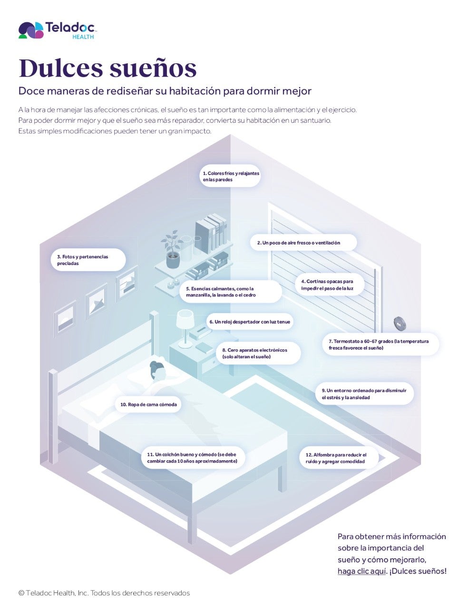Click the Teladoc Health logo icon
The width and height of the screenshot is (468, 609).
tap(30, 30)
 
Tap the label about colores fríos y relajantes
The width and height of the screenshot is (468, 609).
tap(231, 177)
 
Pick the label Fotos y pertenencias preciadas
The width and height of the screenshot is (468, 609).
tap(88, 260)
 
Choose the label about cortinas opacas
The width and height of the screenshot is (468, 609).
tap(328, 285)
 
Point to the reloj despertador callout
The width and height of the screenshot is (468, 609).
tap(250, 322)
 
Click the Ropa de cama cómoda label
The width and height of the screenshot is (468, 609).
tap(148, 404)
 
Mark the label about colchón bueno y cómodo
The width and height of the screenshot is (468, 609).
tap(193, 458)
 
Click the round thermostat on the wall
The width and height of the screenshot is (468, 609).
tap(400, 323)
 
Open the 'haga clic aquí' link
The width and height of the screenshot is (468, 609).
tap(361, 571)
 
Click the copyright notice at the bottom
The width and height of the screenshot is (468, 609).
tap(104, 593)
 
